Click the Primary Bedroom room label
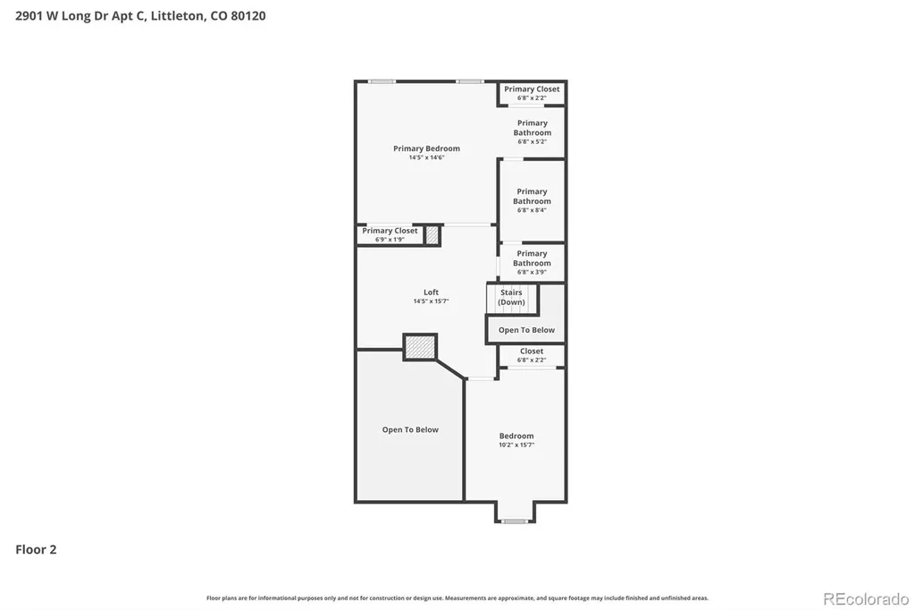coord(426,148)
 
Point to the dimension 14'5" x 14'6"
coord(426,157)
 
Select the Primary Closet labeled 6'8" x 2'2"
coord(532,93)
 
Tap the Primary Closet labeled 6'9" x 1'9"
coord(390,234)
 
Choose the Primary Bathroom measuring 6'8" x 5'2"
coord(533,132)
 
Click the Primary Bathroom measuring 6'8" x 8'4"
coord(532,200)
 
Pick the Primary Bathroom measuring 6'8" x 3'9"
coord(532,262)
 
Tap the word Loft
coord(432,292)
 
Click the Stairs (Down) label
coord(511,298)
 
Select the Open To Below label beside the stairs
coord(526,330)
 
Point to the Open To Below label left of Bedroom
coord(410,429)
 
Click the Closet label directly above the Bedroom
coord(532,352)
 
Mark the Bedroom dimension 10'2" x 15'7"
coord(516,445)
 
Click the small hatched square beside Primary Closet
coord(432,235)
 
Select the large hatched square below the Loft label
coord(420,347)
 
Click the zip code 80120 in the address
coord(248,16)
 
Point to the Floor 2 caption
coord(36,549)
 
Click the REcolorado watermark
coord(866,599)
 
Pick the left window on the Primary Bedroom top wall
coord(382,81)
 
